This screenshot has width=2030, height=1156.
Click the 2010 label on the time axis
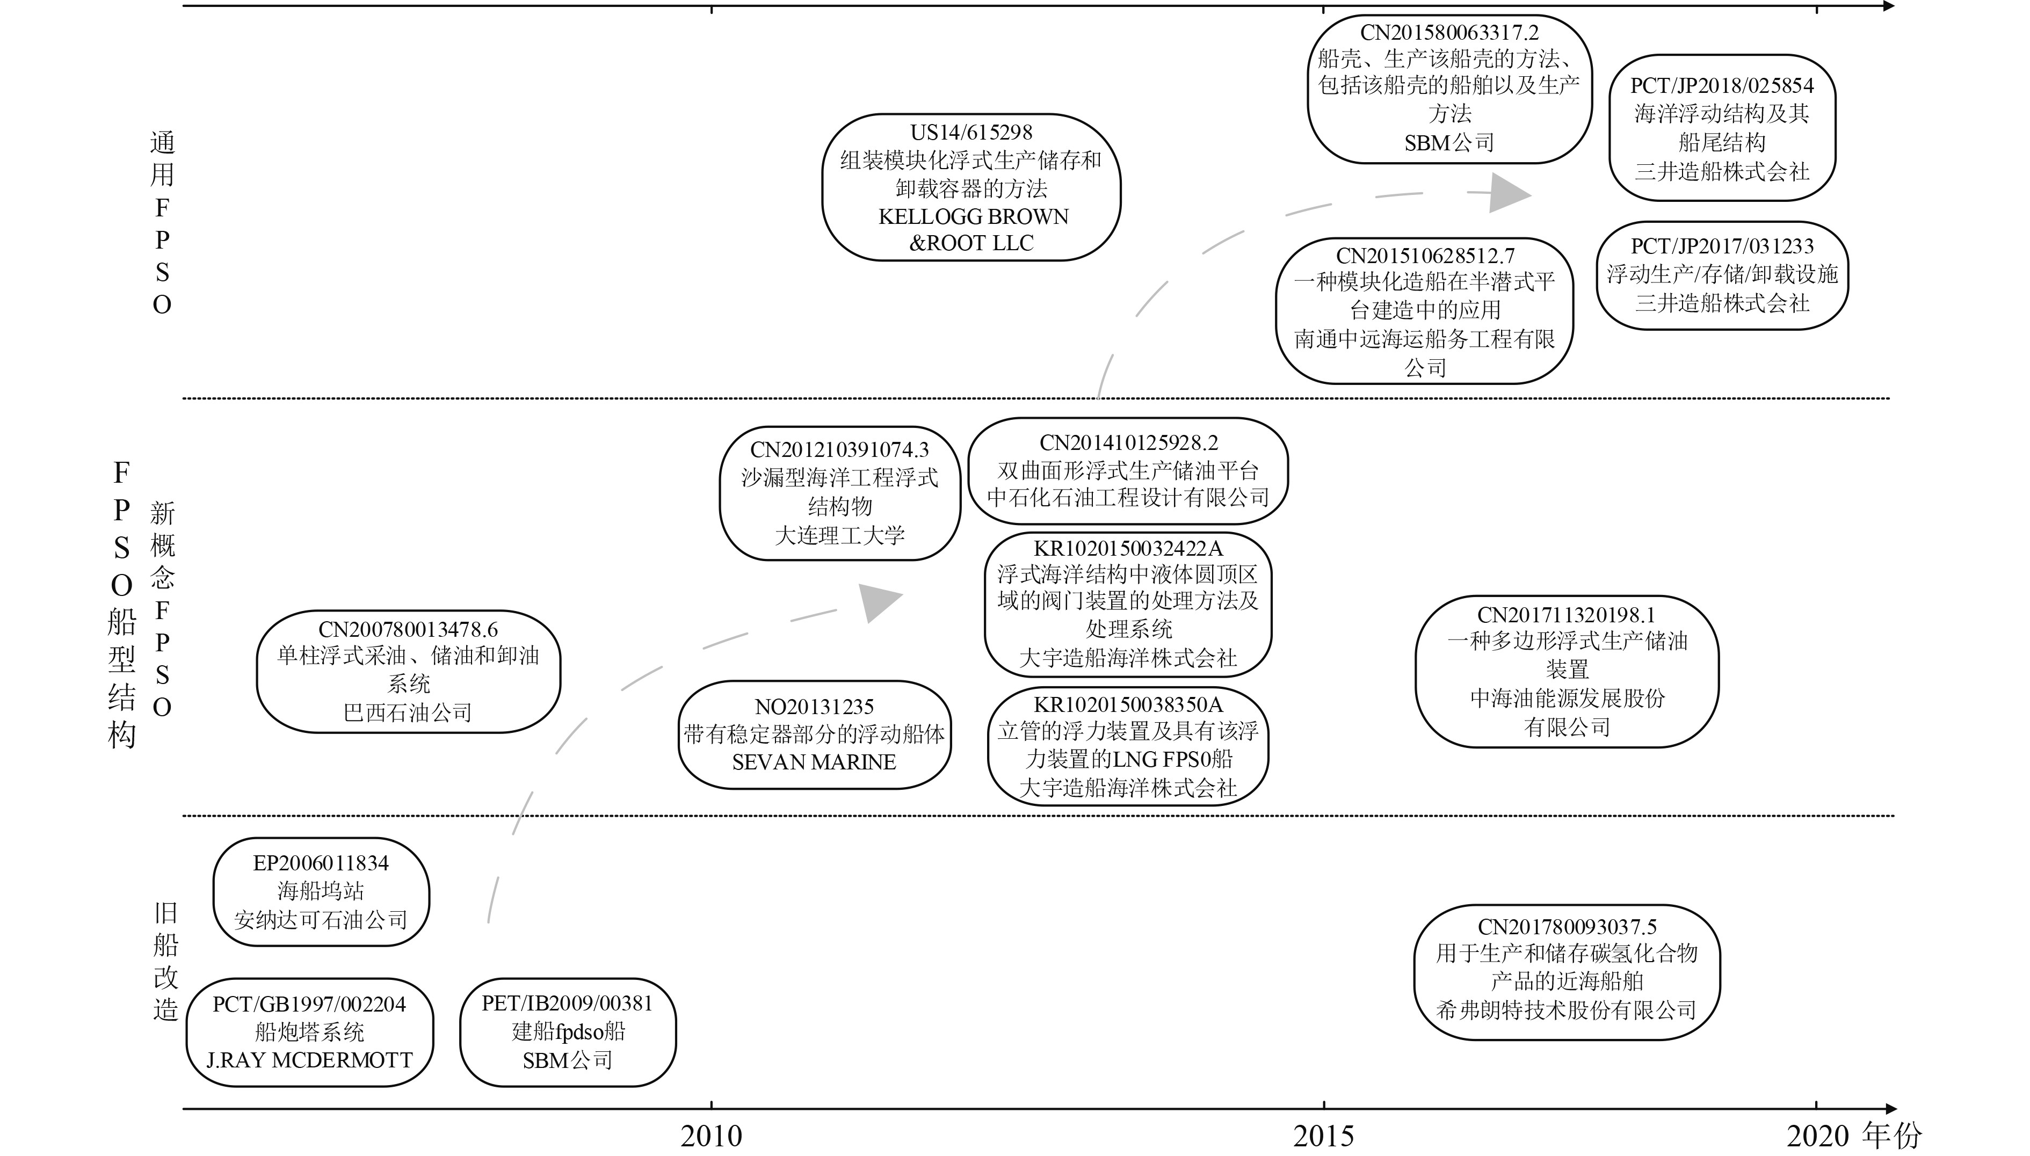coord(711,1136)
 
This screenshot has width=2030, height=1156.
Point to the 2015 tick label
coord(1323,1136)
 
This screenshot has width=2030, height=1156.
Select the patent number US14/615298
coord(971,133)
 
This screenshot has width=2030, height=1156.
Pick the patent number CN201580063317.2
coord(1449,33)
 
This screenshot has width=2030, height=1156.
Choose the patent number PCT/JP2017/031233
coord(1722,246)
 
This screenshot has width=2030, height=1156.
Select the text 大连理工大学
coord(839,535)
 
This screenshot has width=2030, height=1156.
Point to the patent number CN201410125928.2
coord(1128,443)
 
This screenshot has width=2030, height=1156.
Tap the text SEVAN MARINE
coord(814,762)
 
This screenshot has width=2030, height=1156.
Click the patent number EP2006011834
coord(321,863)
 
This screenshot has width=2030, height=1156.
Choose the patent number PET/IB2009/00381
coord(567,1004)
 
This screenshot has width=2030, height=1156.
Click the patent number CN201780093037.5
coord(1567,927)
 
